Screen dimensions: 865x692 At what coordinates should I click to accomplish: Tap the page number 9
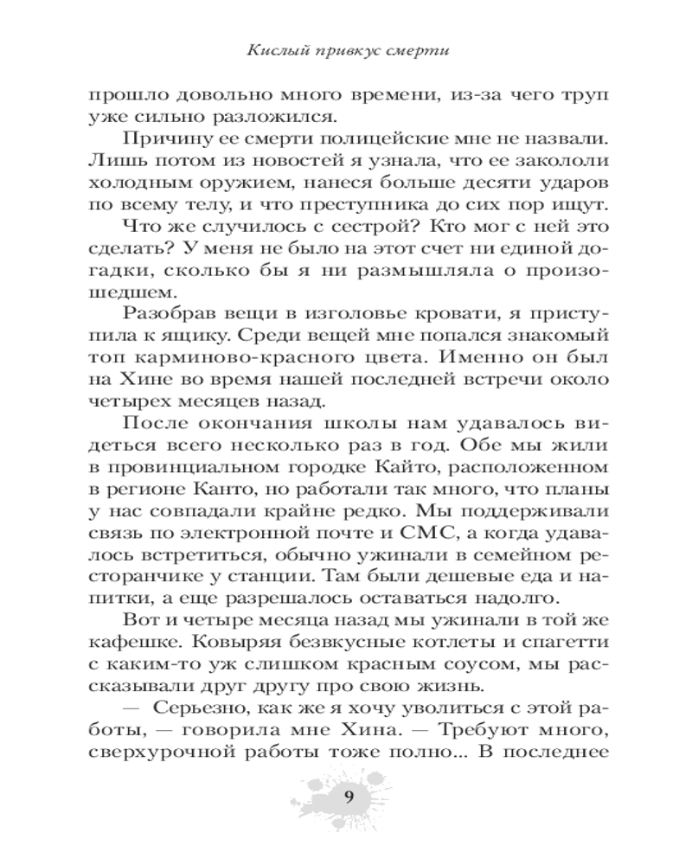[347, 797]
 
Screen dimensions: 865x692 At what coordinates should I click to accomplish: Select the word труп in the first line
[582, 94]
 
